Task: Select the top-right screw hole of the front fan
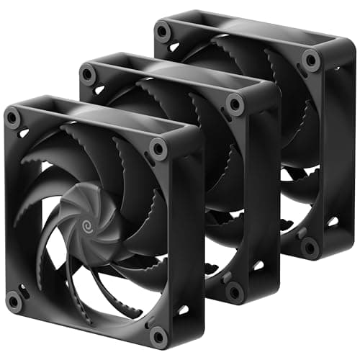[158, 148]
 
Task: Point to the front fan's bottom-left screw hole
[14, 300]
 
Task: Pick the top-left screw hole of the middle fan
[89, 73]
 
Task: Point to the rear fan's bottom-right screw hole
[311, 247]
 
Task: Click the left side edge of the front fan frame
[8, 209]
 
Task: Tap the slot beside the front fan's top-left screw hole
[24, 132]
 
